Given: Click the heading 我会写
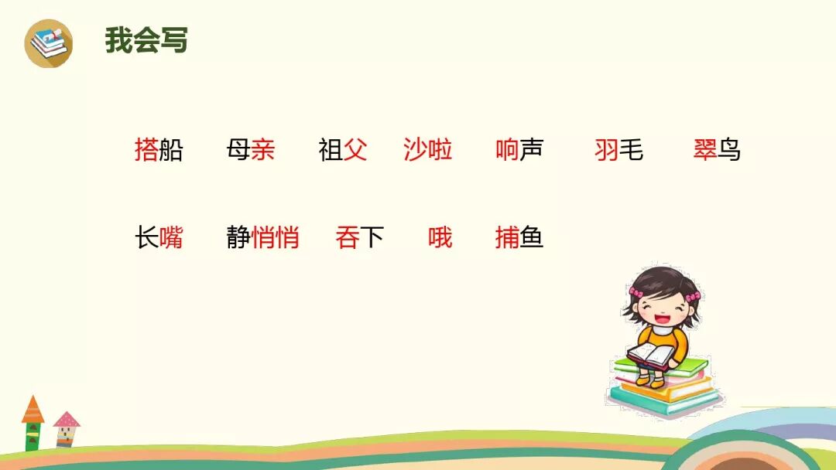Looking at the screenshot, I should coord(146,40).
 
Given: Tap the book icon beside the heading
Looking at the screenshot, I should coord(48,43).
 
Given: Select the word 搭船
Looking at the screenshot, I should coord(159,150).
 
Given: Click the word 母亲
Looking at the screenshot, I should coord(251,150).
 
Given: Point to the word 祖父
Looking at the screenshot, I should coord(343,150).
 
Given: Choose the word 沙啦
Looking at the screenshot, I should coord(428,150).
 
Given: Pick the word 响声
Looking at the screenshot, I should coord(519,150).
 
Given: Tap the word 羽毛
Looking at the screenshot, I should coord(618,150).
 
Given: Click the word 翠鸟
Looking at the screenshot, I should coord(717,150).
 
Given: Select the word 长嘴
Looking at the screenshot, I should coord(159,237).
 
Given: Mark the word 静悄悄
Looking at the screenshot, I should coord(263,237).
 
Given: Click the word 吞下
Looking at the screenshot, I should coord(360,237).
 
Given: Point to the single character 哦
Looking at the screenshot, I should coord(440,237).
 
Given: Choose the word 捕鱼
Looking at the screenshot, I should coord(519,237).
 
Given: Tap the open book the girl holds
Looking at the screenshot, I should coord(651,355).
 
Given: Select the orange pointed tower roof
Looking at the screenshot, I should coord(33,409).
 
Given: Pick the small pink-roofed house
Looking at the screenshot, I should coord(67,428).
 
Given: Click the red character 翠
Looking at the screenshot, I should coord(705,150).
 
